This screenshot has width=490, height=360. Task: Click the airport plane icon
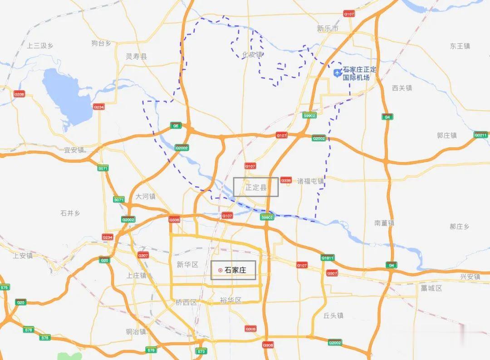tap(338, 73)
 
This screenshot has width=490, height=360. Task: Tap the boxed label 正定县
tap(256, 187)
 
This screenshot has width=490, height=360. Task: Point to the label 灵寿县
tap(137, 57)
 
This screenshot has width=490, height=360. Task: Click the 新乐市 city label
tap(328, 29)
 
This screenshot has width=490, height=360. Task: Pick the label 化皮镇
tap(252, 55)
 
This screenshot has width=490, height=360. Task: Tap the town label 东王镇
tap(460, 46)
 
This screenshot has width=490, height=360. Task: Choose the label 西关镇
tap(402, 88)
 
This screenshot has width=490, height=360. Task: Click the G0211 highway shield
tap(480, 135)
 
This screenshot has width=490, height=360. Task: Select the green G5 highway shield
tap(176, 126)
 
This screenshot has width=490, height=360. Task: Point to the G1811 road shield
tap(328, 258)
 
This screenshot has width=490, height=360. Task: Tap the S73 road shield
tap(201, 351)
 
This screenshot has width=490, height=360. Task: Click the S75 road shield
tap(5, 287)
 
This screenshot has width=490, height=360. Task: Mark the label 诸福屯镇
tap(311, 181)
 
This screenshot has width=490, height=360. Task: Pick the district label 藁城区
tap(431, 288)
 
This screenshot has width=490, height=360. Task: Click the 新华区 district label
tap(187, 265)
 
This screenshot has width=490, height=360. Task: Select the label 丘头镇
tap(333, 316)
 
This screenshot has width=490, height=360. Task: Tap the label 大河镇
tap(146, 197)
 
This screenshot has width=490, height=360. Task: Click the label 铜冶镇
tap(136, 331)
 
